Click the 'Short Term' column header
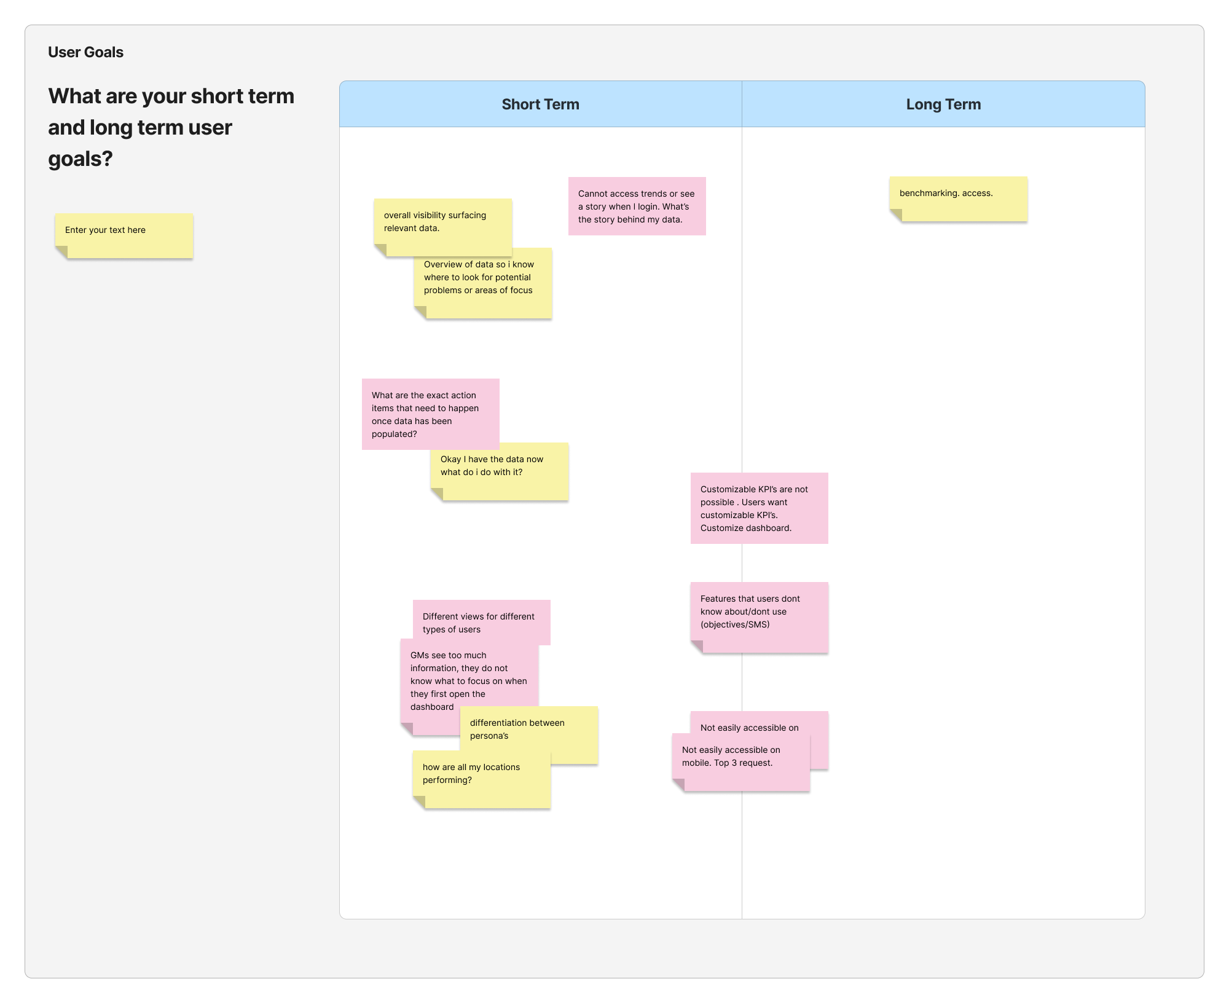click(540, 104)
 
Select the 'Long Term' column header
click(943, 104)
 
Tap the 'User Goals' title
click(85, 52)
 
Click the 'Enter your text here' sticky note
click(124, 235)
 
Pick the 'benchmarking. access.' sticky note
click(958, 199)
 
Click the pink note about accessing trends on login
click(637, 206)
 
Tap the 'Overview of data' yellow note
click(482, 283)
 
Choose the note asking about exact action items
click(430, 414)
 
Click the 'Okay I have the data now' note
click(499, 471)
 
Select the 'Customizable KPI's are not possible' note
click(759, 508)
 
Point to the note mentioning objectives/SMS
click(759, 617)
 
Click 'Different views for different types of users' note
click(481, 623)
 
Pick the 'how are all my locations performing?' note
click(481, 779)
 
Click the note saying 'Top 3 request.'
click(740, 762)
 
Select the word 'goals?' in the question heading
click(80, 159)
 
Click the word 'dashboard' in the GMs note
click(432, 707)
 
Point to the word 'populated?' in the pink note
click(394, 434)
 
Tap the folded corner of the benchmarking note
click(895, 215)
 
